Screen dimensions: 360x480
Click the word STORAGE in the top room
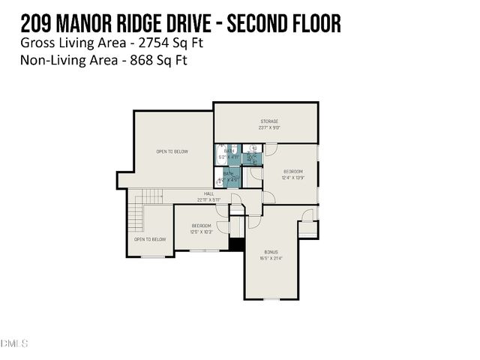(270, 121)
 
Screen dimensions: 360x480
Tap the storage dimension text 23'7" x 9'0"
(270, 127)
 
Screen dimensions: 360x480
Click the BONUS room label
(271, 252)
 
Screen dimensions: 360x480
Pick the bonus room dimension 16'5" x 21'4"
(271, 258)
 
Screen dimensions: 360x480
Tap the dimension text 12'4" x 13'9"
(292, 178)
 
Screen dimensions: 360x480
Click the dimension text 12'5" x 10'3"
(202, 232)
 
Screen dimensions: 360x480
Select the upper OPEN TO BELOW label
(172, 151)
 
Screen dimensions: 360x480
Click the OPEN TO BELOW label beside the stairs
(150, 239)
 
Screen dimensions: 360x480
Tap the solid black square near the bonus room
(237, 244)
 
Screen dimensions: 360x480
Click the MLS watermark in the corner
(15, 343)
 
